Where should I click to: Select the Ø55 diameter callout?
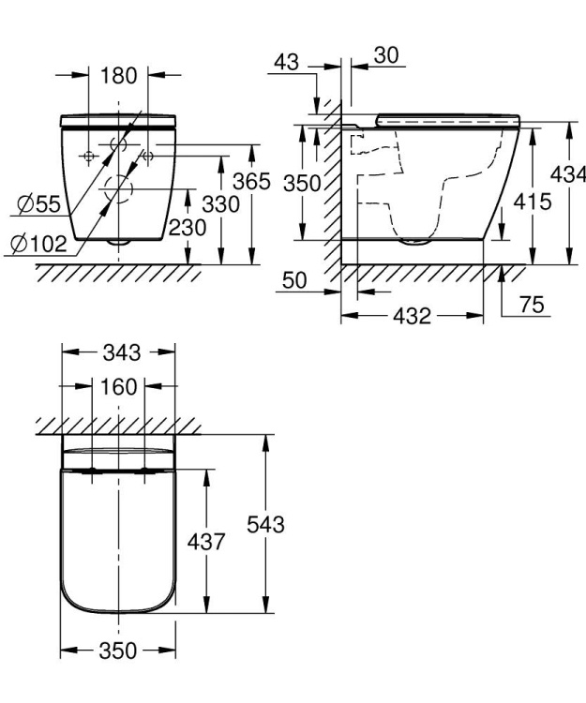(x=38, y=202)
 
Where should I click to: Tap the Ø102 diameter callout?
(x=38, y=245)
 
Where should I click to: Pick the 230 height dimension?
(x=188, y=226)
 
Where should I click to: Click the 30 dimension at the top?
(x=384, y=55)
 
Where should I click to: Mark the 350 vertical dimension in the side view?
(x=303, y=183)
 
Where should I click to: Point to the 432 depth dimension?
(x=412, y=316)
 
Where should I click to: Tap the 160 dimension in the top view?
(x=119, y=386)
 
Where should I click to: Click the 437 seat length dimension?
(x=207, y=542)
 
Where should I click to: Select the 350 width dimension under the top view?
(x=118, y=651)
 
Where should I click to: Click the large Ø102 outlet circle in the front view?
(x=118, y=187)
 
